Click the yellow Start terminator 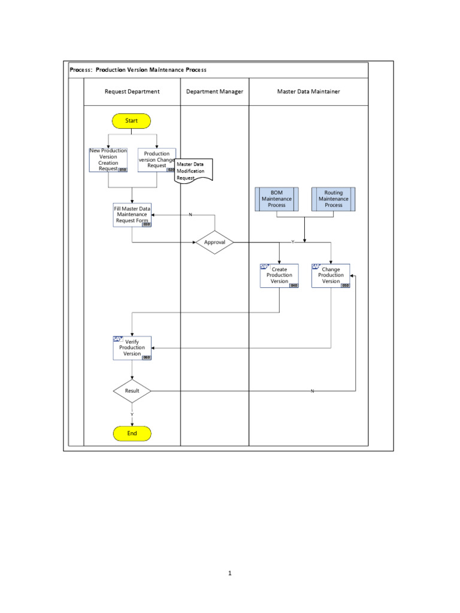point(131,121)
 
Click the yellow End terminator point(132,433)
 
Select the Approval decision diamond point(214,242)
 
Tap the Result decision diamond point(132,391)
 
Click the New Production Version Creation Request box point(108,160)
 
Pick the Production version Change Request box point(157,160)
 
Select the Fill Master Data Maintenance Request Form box point(132,216)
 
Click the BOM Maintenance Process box point(277,199)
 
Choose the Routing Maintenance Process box point(334,199)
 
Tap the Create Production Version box point(279,275)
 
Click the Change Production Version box point(331,275)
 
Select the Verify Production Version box point(132,348)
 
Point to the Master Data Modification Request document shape point(193,171)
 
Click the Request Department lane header point(132,92)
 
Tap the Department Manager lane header point(214,92)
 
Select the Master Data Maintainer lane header point(308,92)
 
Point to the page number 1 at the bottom point(229,573)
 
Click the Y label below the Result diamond point(132,414)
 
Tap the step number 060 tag point(147,357)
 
